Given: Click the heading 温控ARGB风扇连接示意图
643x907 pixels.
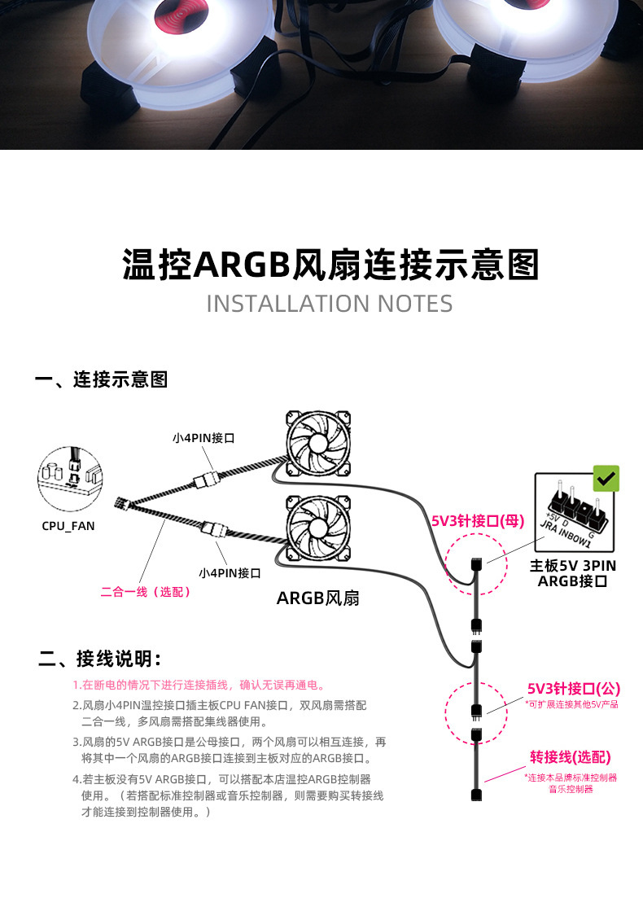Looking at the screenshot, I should coord(330,265).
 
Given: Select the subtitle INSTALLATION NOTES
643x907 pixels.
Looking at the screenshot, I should coord(330,304).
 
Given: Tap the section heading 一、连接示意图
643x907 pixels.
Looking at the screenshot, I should coord(103,379).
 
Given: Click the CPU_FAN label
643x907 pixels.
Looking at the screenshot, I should coord(68,526).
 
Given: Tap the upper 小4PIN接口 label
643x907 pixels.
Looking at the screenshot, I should coord(203,438).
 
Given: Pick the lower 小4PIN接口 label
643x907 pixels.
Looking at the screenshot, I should coord(230,572).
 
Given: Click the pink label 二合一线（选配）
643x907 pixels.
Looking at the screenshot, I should coord(147,592).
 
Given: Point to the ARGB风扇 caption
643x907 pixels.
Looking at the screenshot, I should coord(318,599).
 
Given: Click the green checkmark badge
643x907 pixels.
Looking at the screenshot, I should coord(606,479).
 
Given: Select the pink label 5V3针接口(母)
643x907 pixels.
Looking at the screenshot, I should coord(477,520).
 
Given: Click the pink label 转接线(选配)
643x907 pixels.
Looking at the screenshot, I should coord(571,756).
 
